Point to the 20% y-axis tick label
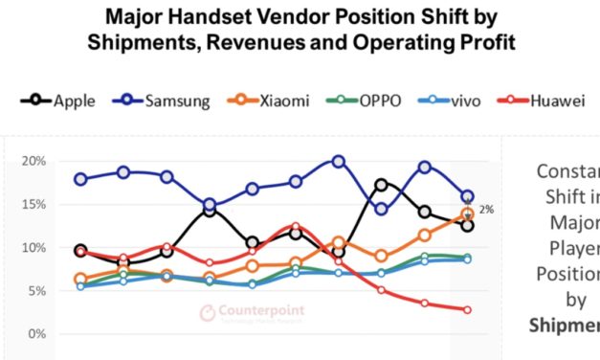pos(34,161)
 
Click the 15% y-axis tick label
pos(34,204)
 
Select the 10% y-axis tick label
pos(34,247)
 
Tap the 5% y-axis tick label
pos(37,290)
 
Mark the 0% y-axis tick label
pos(37,333)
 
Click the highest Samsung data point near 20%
pos(338,161)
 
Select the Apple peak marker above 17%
pos(381,185)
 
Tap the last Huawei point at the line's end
pos(467,309)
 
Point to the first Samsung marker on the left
pos(80,179)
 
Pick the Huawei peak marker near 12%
pos(295,227)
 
